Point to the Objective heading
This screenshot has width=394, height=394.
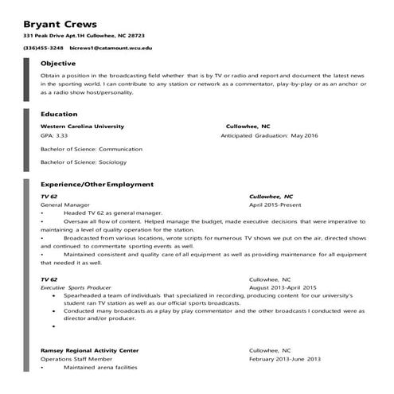[x=58, y=63]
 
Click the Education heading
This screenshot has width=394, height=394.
[x=59, y=114]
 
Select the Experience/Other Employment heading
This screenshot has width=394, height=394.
[x=96, y=184]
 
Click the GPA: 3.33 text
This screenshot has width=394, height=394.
[x=53, y=136]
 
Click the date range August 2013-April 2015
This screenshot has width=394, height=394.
[x=283, y=287]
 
